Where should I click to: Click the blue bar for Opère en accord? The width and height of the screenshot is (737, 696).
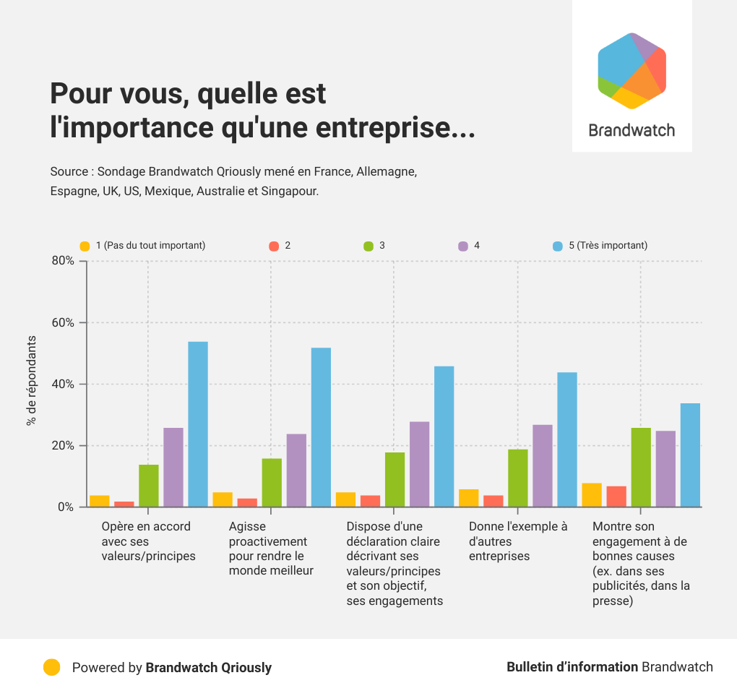(x=198, y=424)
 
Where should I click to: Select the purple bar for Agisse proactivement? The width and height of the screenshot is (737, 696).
(x=296, y=471)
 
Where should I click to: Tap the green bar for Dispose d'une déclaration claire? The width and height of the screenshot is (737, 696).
(x=395, y=480)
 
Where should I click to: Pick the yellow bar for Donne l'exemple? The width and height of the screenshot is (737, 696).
(x=469, y=499)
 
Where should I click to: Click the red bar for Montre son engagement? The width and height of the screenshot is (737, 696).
(x=616, y=497)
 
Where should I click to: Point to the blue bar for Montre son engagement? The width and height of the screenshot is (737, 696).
(x=690, y=455)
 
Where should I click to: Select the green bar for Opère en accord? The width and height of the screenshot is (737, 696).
(x=149, y=486)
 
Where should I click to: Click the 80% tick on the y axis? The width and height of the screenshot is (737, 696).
(x=63, y=261)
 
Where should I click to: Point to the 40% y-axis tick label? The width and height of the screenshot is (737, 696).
(x=63, y=384)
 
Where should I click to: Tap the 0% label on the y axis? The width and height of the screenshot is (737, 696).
(x=66, y=507)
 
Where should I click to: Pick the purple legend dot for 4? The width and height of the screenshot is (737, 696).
(x=464, y=246)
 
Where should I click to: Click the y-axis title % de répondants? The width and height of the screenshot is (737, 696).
(x=31, y=380)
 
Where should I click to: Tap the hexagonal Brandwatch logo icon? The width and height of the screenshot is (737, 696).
(x=632, y=70)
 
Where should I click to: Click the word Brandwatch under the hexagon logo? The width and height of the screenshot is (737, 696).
(x=632, y=131)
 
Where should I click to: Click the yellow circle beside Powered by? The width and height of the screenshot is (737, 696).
(x=51, y=667)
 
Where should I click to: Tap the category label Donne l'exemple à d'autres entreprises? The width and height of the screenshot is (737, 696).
(x=518, y=541)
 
